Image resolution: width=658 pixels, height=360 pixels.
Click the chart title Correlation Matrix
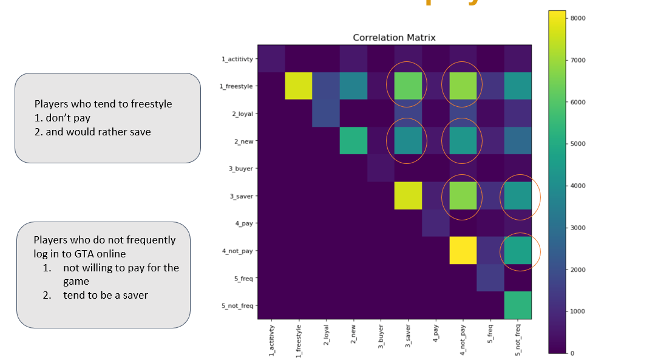point(394,38)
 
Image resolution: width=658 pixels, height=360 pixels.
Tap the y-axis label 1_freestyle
point(236,86)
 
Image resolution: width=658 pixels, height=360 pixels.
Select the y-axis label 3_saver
point(240,196)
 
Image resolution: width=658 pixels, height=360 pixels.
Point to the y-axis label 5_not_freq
point(236,305)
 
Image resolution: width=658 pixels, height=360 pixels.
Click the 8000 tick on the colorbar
point(578,18)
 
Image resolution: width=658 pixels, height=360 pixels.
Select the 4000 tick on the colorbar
point(578,186)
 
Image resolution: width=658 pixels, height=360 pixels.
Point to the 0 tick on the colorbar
point(572,353)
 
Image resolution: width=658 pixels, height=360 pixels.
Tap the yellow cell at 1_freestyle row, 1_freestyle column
point(298,86)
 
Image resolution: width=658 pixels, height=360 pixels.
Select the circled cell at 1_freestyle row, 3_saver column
point(408,86)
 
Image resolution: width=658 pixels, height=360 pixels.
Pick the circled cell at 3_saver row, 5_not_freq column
point(518,196)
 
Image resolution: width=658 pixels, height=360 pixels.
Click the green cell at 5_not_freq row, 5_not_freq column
point(518,305)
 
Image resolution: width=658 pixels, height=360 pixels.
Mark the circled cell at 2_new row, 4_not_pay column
point(463,141)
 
